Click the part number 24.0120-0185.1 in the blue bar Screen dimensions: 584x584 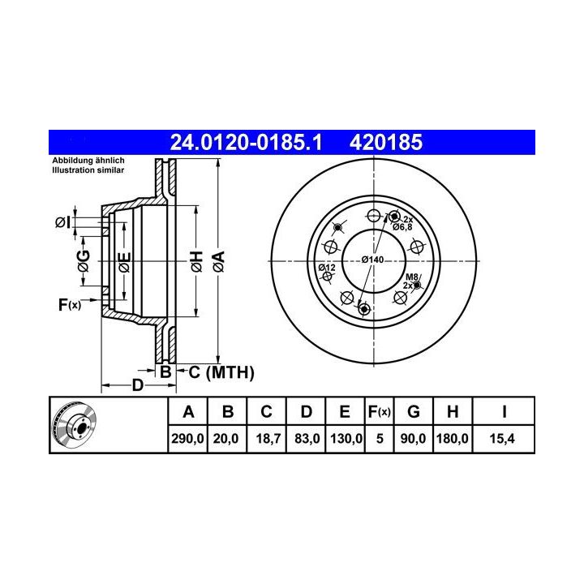point(246,142)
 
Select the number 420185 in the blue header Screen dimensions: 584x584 point(386,142)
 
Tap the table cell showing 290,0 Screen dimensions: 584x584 point(187,438)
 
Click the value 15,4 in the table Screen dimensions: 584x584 point(502,438)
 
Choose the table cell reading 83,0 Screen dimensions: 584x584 point(307,438)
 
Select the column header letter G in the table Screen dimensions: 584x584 point(414,412)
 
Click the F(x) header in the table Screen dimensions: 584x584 point(379,412)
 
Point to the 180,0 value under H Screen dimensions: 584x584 point(452,438)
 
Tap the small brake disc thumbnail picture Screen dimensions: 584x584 point(75,424)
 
